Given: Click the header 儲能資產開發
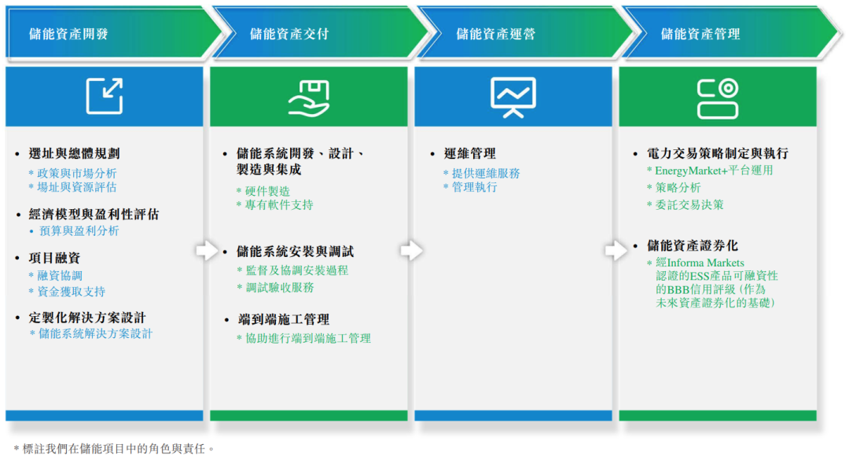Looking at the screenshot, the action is coord(68,34).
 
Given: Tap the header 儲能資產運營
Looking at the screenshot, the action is coord(495,34).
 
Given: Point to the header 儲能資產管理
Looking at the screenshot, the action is coord(700,34).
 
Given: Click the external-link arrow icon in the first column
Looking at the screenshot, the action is coord(104,96).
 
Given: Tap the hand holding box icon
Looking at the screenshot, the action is coord(308,97).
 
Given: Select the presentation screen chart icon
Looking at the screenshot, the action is coord(513,97).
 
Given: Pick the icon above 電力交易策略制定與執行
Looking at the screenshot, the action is coord(717,97).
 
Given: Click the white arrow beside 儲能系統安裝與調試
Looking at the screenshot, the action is coord(207,251).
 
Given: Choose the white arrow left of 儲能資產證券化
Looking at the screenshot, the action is coord(616,250).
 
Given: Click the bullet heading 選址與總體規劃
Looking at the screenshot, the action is coord(74,153).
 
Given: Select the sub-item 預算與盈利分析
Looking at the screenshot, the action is coord(79,231).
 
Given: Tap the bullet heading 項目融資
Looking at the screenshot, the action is coord(54,258).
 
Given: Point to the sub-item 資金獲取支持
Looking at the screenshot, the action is coord(72,292).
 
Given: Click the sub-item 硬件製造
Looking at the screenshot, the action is coord(267,191).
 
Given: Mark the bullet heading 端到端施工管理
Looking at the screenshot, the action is coord(283,319).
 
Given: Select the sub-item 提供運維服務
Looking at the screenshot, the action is coord(484,173).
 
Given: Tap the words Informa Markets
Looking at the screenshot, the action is coord(706,263).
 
